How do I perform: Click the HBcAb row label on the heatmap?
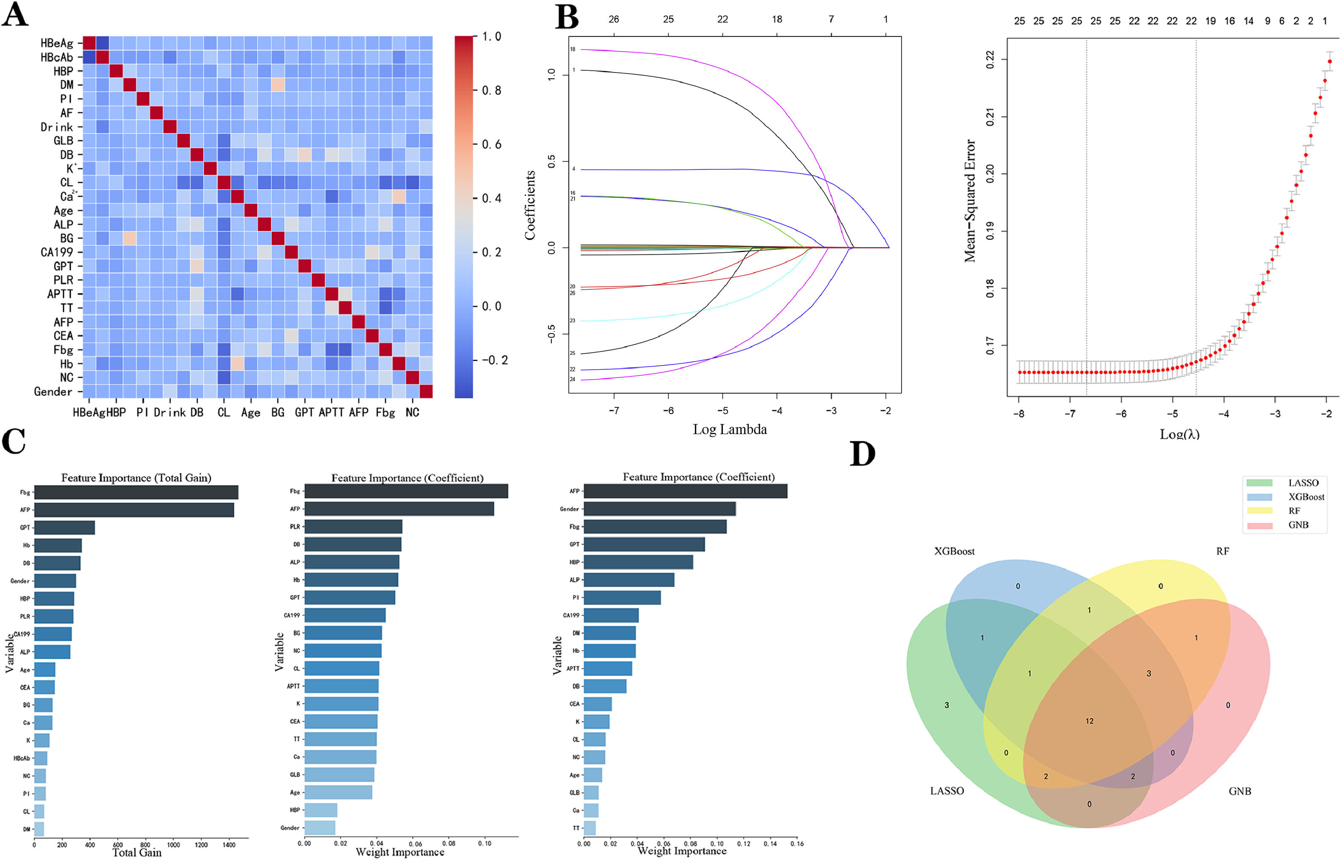(56, 58)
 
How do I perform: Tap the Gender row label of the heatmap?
(53, 392)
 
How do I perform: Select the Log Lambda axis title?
(729, 429)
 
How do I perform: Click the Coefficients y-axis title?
(530, 205)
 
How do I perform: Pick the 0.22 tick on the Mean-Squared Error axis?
(990, 59)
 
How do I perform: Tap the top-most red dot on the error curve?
(1330, 61)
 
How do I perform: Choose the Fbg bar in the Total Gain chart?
(136, 492)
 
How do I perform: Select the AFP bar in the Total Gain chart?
(134, 510)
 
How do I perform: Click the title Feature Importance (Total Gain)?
(136, 478)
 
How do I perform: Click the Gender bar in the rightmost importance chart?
(659, 509)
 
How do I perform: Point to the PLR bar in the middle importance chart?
(353, 527)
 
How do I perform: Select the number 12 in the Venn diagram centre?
(1089, 721)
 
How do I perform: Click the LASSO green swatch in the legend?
(1259, 482)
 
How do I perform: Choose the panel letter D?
(862, 454)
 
